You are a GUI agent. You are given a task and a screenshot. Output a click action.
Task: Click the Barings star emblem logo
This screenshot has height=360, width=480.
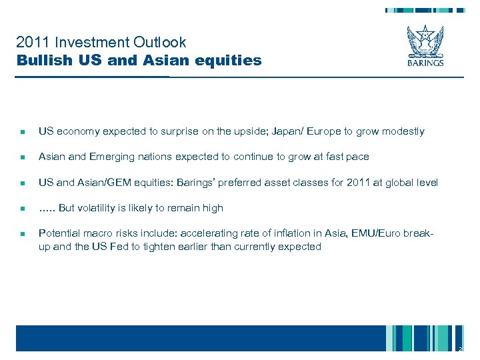tap(425, 41)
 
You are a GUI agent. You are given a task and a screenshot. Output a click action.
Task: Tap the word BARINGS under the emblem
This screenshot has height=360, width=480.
tap(425, 65)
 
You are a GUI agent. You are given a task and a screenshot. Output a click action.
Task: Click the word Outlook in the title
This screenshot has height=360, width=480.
tap(160, 43)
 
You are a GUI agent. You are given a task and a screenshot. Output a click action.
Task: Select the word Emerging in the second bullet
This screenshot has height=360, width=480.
tap(109, 157)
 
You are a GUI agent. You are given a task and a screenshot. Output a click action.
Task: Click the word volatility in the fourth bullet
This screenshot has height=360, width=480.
tap(101, 208)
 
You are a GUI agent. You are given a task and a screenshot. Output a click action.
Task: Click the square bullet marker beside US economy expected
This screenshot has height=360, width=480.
tap(22, 132)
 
